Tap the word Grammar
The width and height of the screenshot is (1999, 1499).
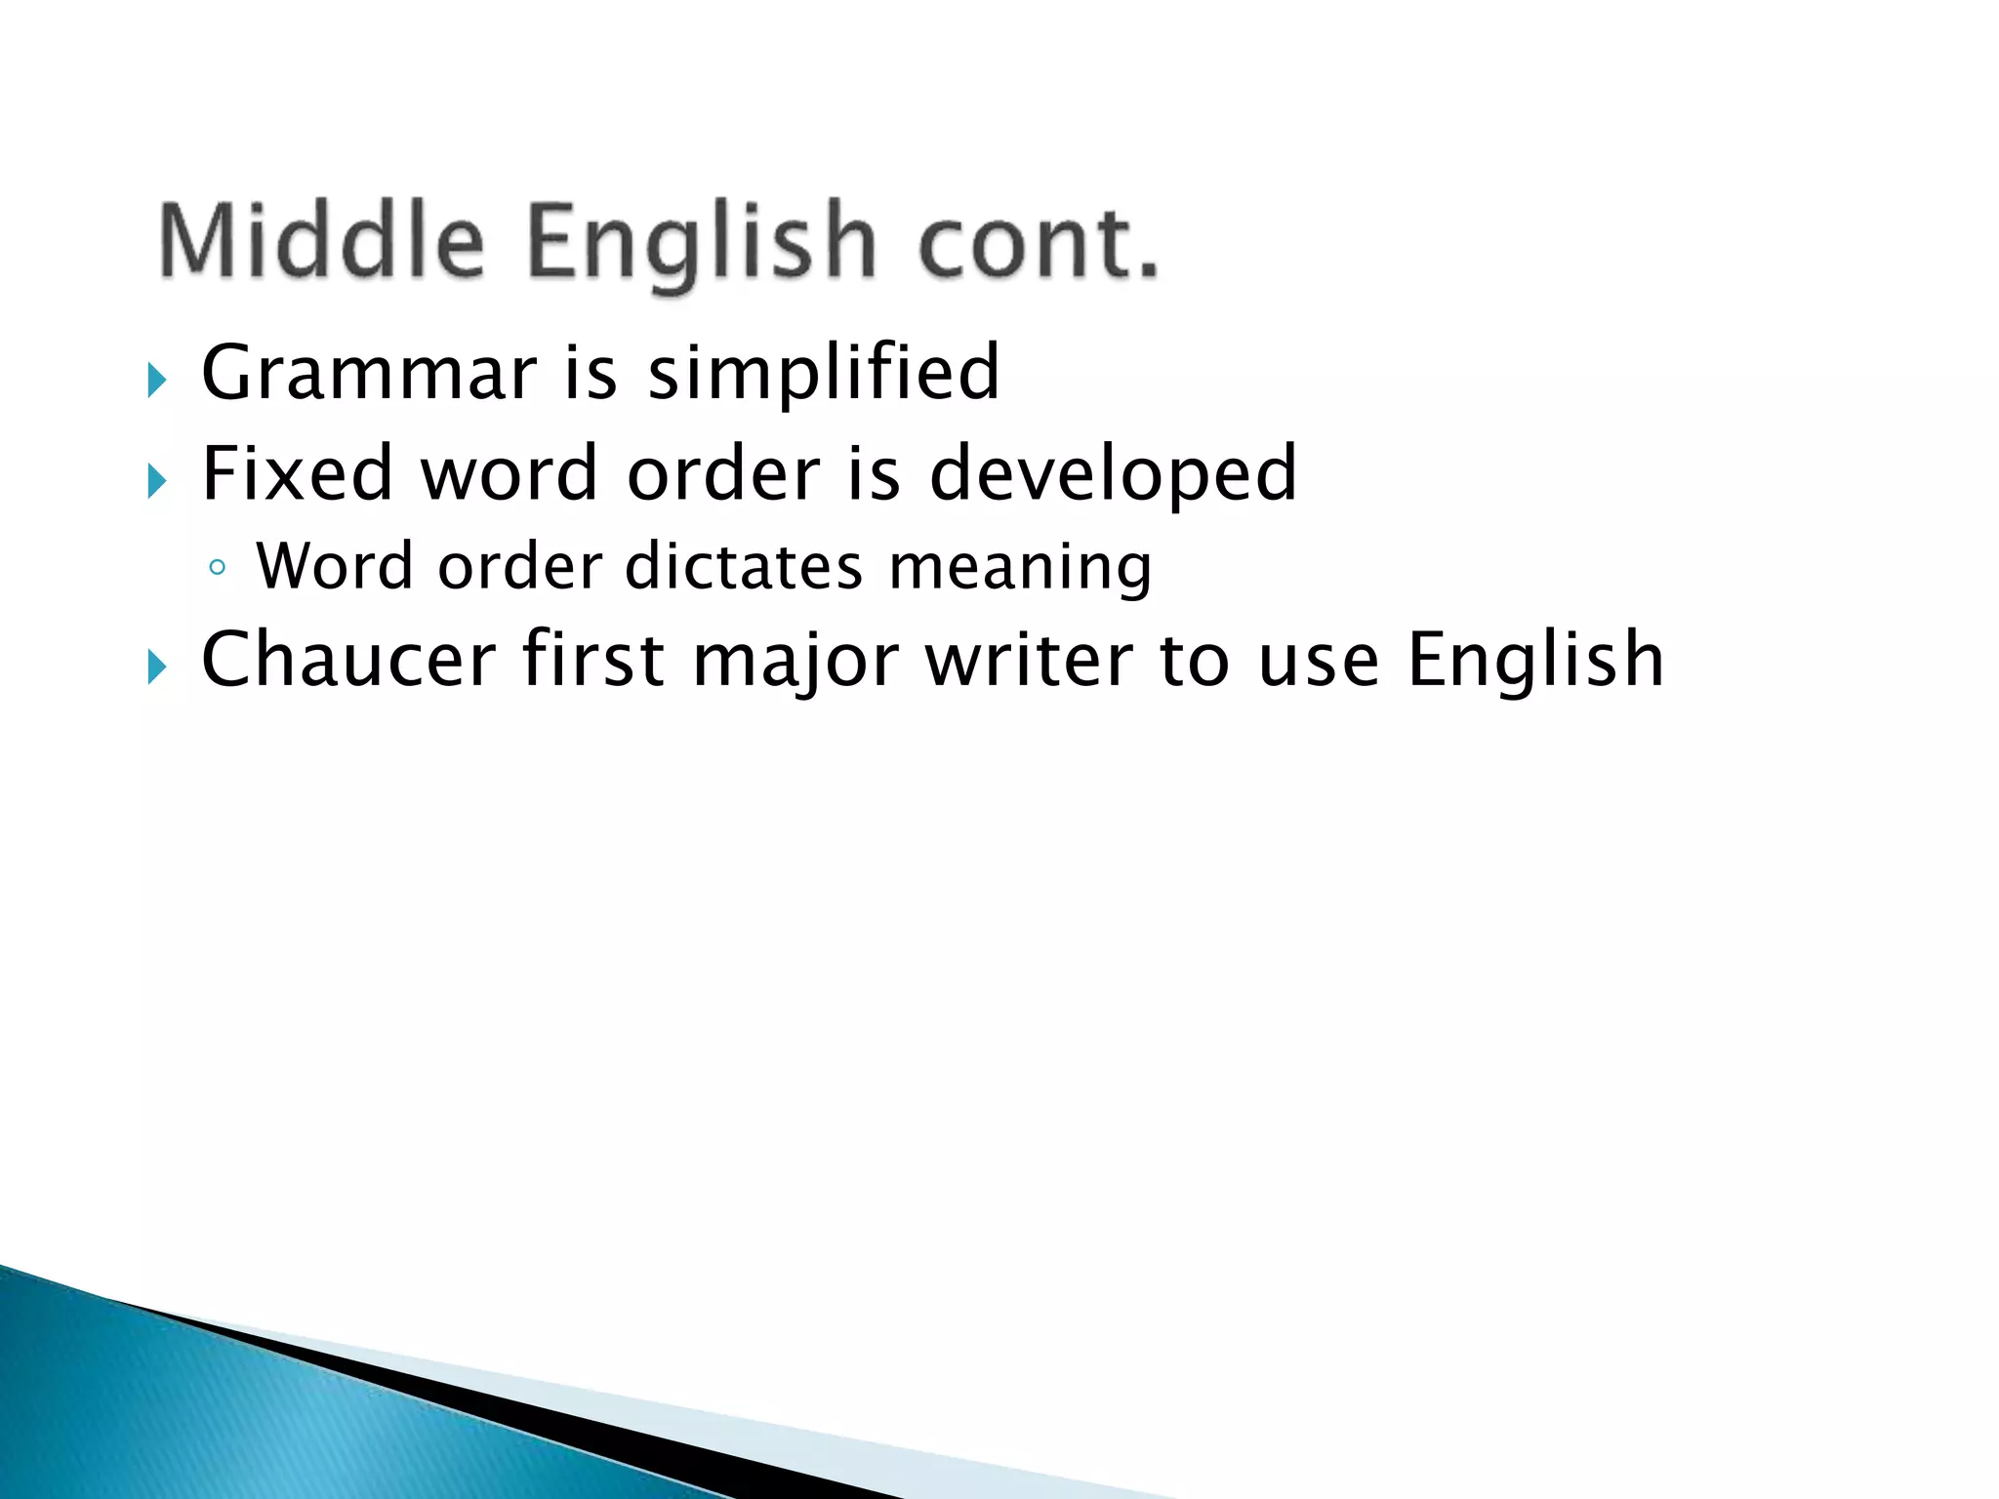click(369, 373)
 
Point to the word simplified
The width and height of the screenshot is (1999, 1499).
click(824, 373)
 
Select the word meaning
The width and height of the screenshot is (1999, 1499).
click(1020, 567)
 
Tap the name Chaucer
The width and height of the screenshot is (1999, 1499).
click(348, 661)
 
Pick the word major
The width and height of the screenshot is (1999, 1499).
click(796, 661)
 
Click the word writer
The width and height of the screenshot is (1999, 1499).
click(1029, 661)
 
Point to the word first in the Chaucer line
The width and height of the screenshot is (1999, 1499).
click(593, 661)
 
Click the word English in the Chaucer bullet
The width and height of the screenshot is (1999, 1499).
click(1535, 661)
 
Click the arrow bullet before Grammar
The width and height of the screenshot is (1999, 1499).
click(157, 380)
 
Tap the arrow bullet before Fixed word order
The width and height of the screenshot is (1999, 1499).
click(157, 481)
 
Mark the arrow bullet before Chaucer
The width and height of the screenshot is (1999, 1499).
click(157, 668)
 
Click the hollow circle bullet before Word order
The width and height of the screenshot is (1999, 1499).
click(218, 568)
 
